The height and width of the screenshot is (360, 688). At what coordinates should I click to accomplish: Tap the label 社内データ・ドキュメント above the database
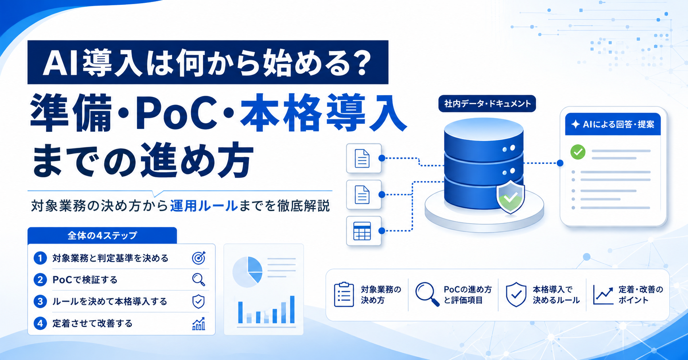click(x=487, y=104)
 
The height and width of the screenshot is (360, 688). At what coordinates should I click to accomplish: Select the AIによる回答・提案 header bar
click(x=613, y=124)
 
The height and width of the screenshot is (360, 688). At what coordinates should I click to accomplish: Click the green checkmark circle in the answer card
click(x=578, y=152)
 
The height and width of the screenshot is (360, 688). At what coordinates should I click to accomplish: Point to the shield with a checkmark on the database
click(x=510, y=197)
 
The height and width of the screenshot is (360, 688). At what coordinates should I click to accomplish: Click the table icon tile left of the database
click(x=363, y=231)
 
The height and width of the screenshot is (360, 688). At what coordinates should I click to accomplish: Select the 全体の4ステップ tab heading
click(x=102, y=235)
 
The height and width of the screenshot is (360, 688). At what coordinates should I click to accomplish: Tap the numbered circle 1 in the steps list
click(x=40, y=258)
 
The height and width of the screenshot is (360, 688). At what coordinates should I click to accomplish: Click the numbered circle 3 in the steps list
click(x=40, y=302)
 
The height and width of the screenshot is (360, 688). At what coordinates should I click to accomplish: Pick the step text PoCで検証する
click(x=85, y=280)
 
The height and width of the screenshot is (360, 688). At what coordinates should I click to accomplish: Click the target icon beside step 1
click(x=198, y=258)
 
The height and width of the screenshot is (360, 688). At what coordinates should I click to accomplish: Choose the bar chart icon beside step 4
click(x=198, y=323)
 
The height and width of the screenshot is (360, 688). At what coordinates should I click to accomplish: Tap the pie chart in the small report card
click(x=247, y=272)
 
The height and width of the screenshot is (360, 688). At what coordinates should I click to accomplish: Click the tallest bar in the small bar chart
click(x=292, y=309)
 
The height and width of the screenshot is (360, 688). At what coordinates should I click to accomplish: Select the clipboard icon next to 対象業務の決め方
click(x=344, y=295)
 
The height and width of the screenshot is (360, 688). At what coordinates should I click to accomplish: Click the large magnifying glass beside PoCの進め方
click(x=427, y=294)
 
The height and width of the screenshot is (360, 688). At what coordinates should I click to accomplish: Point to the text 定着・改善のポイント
click(x=641, y=295)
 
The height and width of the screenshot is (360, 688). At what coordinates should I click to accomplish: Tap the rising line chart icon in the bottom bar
click(x=603, y=295)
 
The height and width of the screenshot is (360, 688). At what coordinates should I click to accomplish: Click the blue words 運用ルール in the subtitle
click(x=204, y=206)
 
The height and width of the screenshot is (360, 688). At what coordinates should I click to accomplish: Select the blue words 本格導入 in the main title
click(x=323, y=112)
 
